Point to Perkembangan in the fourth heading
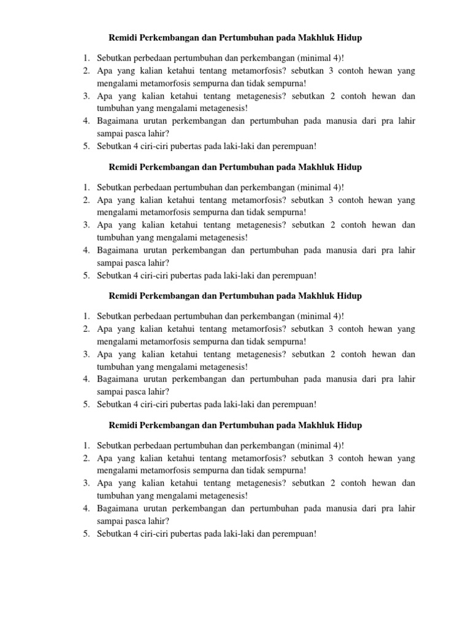tap(169, 425)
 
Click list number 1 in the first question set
tap(86, 58)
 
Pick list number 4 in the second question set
tap(86, 250)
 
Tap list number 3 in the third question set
tap(86, 354)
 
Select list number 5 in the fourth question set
tap(86, 534)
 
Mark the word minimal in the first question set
tap(315, 58)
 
